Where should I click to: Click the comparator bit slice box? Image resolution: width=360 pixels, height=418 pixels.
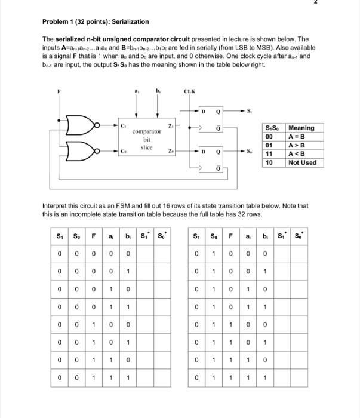[x=146, y=139]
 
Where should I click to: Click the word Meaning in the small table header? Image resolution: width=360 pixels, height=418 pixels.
[x=301, y=128]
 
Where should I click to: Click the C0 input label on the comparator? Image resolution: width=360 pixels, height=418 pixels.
[x=124, y=152]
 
